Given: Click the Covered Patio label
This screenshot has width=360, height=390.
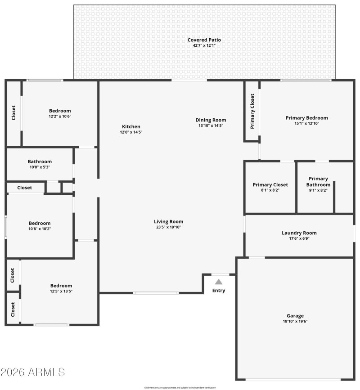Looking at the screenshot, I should [204, 40].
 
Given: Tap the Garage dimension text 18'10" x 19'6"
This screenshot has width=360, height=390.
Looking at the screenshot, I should [295, 321].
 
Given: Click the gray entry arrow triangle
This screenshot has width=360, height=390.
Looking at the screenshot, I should [218, 282].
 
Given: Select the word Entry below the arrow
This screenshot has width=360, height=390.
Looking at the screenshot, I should [219, 291].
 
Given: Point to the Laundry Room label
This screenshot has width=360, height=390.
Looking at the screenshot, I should [299, 233].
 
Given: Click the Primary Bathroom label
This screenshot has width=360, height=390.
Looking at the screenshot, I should [318, 182].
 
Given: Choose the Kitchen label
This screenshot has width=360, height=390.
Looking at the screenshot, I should [131, 127].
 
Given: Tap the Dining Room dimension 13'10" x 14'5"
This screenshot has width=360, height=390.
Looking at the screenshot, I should [211, 126].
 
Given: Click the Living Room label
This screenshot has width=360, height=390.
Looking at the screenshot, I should [169, 221].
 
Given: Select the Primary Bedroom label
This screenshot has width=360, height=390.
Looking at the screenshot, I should [306, 118].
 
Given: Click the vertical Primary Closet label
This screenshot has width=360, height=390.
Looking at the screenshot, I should [252, 111].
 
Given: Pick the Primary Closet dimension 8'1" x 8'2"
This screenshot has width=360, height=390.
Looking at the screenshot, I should [270, 190].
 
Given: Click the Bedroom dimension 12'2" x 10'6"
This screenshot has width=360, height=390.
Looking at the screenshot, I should [60, 116].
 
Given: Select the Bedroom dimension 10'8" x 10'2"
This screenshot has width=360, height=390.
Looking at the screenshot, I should [40, 229].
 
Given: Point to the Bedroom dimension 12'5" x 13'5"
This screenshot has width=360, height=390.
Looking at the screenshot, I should [61, 291].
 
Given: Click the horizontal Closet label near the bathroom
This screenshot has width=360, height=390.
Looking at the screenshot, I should [25, 188].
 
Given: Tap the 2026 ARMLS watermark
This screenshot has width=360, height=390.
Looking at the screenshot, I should [33, 372].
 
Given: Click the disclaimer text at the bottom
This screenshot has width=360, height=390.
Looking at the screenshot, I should [180, 387].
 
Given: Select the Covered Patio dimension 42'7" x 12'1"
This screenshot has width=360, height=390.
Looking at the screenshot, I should [204, 45].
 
